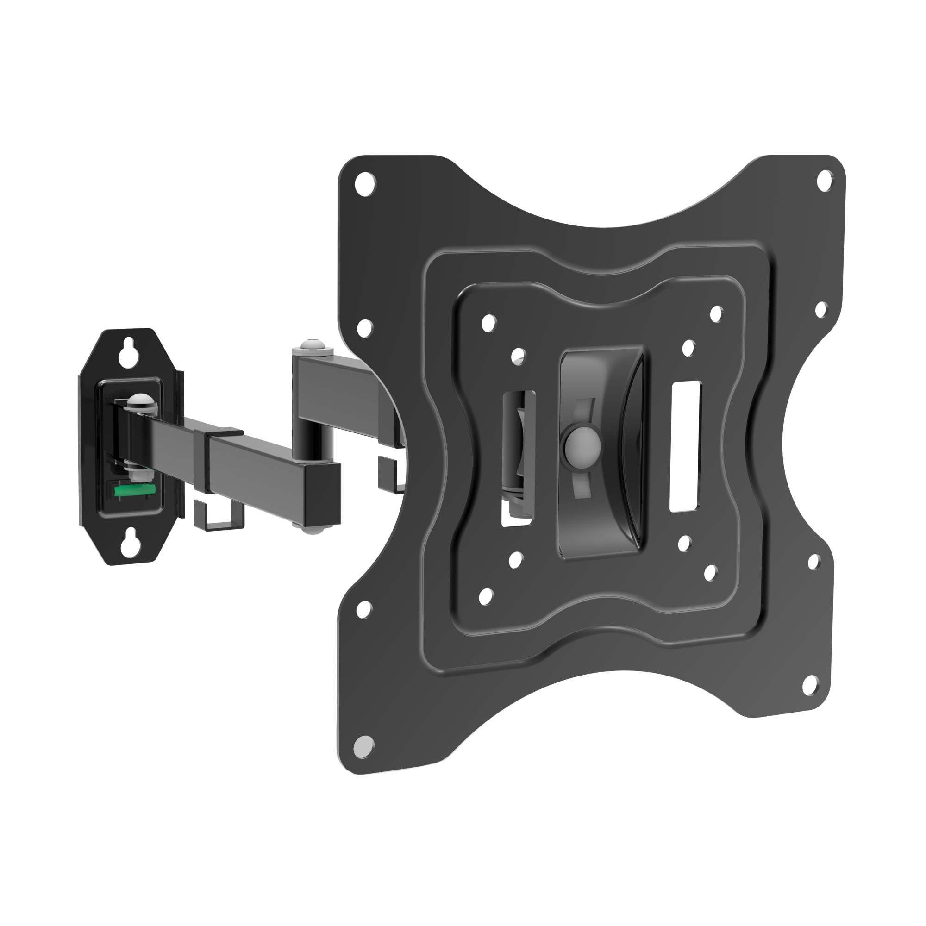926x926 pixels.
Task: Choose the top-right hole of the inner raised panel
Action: coord(716,314)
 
